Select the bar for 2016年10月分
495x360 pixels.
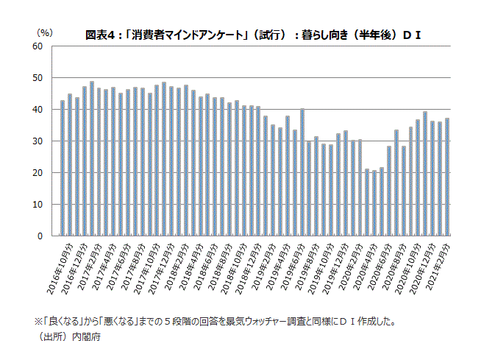pyautogui.click(x=63, y=169)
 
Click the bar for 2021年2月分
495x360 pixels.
pyautogui.click(x=446, y=177)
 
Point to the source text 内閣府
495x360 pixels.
pyautogui.click(x=87, y=337)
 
